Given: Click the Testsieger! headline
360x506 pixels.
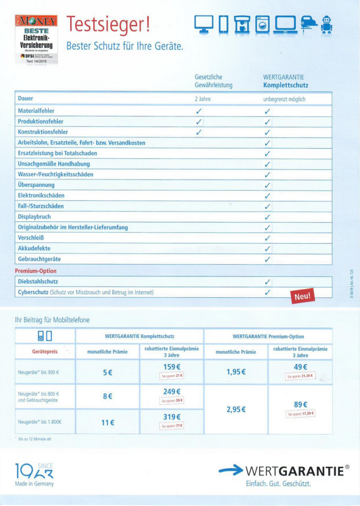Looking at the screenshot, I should (108, 23).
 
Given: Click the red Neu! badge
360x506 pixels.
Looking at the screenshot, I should (302, 295).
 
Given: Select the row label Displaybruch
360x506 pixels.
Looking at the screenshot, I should (34, 216).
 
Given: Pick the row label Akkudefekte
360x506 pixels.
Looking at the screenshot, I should (34, 248).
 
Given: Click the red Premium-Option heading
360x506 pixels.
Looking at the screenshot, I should (36, 271).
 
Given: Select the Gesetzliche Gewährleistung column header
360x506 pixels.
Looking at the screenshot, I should (213, 82).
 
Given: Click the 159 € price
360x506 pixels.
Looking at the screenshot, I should (172, 367).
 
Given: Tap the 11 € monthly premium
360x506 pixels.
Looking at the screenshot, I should (108, 422).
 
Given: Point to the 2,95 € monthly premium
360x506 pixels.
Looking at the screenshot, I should (236, 409).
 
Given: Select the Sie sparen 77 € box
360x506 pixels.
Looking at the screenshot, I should (172, 425).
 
